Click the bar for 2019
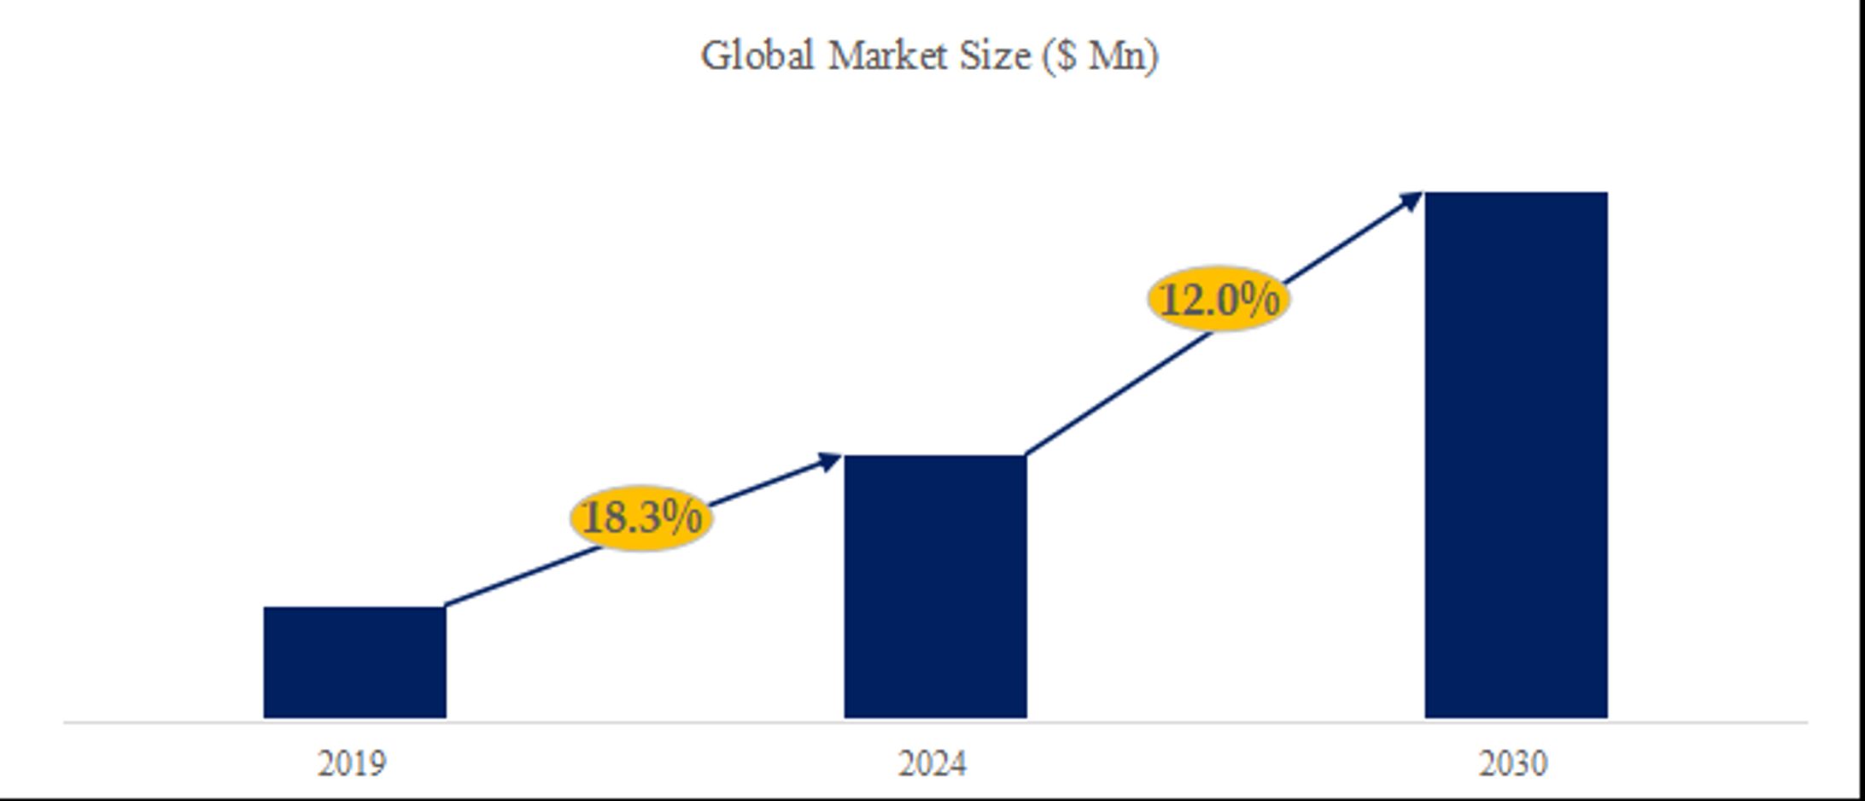[x=354, y=662]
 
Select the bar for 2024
[x=935, y=587]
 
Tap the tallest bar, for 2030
[x=1516, y=455]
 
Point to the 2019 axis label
[x=352, y=763]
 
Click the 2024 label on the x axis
[x=932, y=763]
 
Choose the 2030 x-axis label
[x=1513, y=763]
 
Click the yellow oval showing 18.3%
[x=640, y=517]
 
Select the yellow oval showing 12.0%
[x=1219, y=299]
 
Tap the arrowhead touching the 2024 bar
[x=830, y=462]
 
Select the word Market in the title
[x=888, y=56]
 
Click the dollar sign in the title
[x=1066, y=56]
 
